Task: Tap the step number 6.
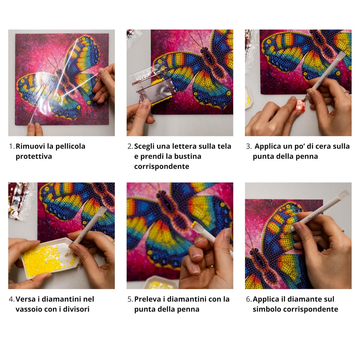click(x=248, y=299)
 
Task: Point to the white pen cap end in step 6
click(x=346, y=193)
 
